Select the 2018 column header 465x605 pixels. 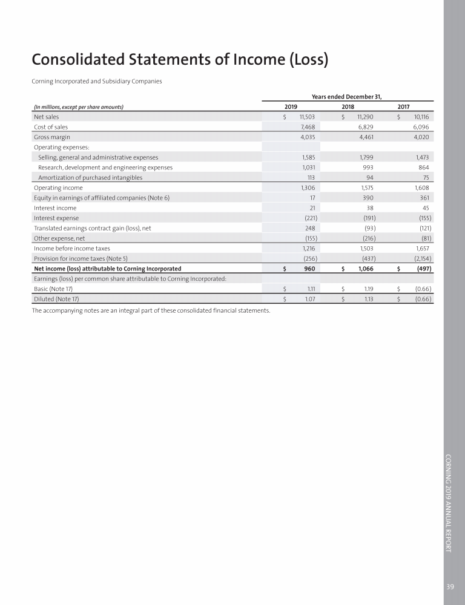pyautogui.click(x=348, y=106)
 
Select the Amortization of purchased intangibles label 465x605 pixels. pyautogui.click(x=90, y=177)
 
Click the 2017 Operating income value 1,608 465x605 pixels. pyautogui.click(x=420, y=188)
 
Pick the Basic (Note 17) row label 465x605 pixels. pyautogui.click(x=53, y=289)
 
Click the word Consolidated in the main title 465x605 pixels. pyautogui.click(x=88, y=60)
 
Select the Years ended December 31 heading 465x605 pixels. pyautogui.click(x=348, y=96)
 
